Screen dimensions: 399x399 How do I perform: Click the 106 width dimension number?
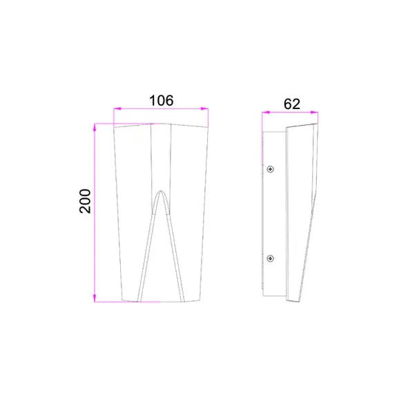pyautogui.click(x=162, y=101)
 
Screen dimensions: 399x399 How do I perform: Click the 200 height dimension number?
pyautogui.click(x=85, y=201)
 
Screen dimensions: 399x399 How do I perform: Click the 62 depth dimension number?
pyautogui.click(x=292, y=104)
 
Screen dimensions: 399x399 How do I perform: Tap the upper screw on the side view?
pyautogui.click(x=270, y=169)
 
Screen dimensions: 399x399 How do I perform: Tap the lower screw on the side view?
pyautogui.click(x=270, y=259)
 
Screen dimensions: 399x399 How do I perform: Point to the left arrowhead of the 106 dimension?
pyautogui.click(x=117, y=108)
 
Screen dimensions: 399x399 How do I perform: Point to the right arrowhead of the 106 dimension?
pyautogui.click(x=204, y=108)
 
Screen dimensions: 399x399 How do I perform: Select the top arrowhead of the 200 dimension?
pyautogui.click(x=95, y=127)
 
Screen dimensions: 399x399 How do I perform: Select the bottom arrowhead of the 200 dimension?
pyautogui.click(x=95, y=298)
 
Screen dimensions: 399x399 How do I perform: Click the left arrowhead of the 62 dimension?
pyautogui.click(x=266, y=113)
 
